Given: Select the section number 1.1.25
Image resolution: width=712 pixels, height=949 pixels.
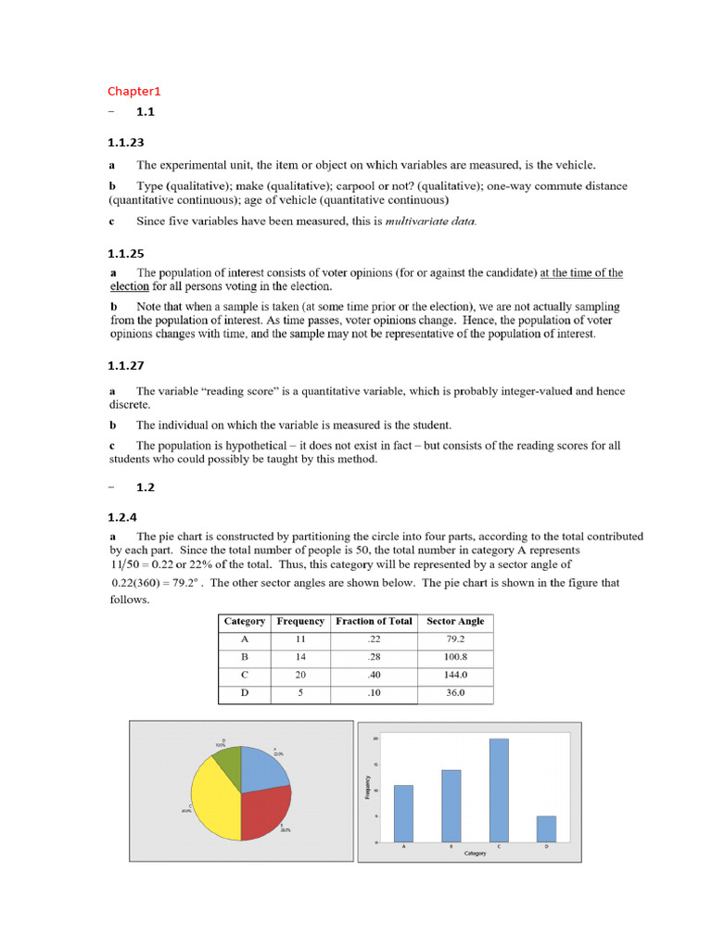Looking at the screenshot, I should (125, 253).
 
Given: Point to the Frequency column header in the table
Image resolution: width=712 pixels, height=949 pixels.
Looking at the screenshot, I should (300, 621).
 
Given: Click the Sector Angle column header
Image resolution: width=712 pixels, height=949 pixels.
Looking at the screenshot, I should (455, 621).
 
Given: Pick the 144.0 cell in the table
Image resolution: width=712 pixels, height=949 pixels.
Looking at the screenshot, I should (455, 675).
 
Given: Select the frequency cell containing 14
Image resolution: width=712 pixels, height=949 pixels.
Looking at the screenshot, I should (300, 657).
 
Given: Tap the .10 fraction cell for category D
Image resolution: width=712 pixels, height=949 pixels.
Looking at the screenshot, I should (375, 692).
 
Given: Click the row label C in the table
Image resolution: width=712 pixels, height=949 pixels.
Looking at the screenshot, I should (245, 675).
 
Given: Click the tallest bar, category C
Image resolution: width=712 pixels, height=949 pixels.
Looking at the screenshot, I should (499, 789).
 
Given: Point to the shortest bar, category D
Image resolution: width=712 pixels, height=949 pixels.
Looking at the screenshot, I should (546, 829).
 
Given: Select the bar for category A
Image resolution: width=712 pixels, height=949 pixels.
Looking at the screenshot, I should (403, 813).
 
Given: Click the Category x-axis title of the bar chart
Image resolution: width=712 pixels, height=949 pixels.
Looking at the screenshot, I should (475, 854).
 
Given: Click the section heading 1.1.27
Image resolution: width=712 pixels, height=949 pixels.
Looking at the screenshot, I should (125, 366).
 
